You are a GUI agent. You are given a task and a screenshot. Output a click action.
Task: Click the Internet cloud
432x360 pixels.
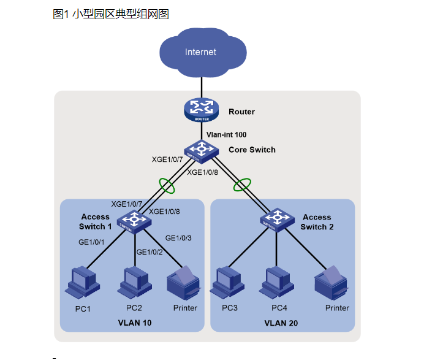200,52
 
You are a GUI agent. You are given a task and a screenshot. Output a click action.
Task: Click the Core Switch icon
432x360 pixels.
201,149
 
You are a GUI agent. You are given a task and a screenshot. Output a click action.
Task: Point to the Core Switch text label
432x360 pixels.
252,150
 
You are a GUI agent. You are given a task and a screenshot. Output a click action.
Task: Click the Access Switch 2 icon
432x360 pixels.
278,218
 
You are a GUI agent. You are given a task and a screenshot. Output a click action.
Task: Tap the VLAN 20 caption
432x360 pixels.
281,323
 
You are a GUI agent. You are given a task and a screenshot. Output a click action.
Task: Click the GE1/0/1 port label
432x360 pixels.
92,242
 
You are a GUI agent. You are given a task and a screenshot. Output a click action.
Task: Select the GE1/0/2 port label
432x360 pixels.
150,252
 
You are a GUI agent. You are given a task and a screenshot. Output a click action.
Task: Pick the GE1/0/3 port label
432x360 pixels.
178,238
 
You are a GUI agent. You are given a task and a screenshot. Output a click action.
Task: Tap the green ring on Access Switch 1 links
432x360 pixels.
165,183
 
